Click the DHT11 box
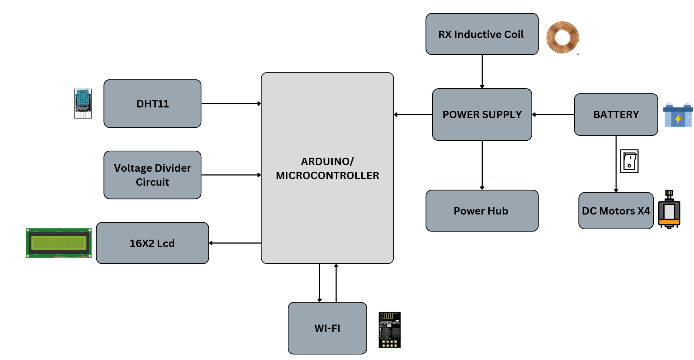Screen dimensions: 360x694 pyautogui.click(x=152, y=104)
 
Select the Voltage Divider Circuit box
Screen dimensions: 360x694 pyautogui.click(x=152, y=175)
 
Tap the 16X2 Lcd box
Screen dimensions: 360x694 pyautogui.click(x=152, y=243)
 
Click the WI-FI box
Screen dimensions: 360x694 pyautogui.click(x=327, y=328)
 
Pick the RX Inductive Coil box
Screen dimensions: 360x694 pyautogui.click(x=482, y=34)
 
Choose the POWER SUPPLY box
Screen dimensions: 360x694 pyautogui.click(x=482, y=114)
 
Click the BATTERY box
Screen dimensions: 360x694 pyautogui.click(x=616, y=114)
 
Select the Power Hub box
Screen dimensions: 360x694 pyautogui.click(x=482, y=211)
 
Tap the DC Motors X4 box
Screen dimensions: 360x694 pyautogui.click(x=616, y=211)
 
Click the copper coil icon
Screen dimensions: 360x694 pyautogui.click(x=562, y=37)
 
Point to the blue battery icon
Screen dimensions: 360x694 pyautogui.click(x=678, y=115)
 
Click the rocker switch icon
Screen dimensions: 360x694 pyautogui.click(x=629, y=161)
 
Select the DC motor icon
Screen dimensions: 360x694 pyautogui.click(x=669, y=209)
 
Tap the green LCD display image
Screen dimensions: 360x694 pyautogui.click(x=59, y=243)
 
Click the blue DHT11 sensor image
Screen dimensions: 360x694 pyautogui.click(x=83, y=103)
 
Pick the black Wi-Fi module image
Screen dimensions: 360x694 pyautogui.click(x=389, y=330)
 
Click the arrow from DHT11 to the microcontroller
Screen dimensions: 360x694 pyautogui.click(x=231, y=104)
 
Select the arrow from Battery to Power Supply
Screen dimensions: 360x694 pyautogui.click(x=553, y=114)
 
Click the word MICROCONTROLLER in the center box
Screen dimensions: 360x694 pyautogui.click(x=327, y=175)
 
